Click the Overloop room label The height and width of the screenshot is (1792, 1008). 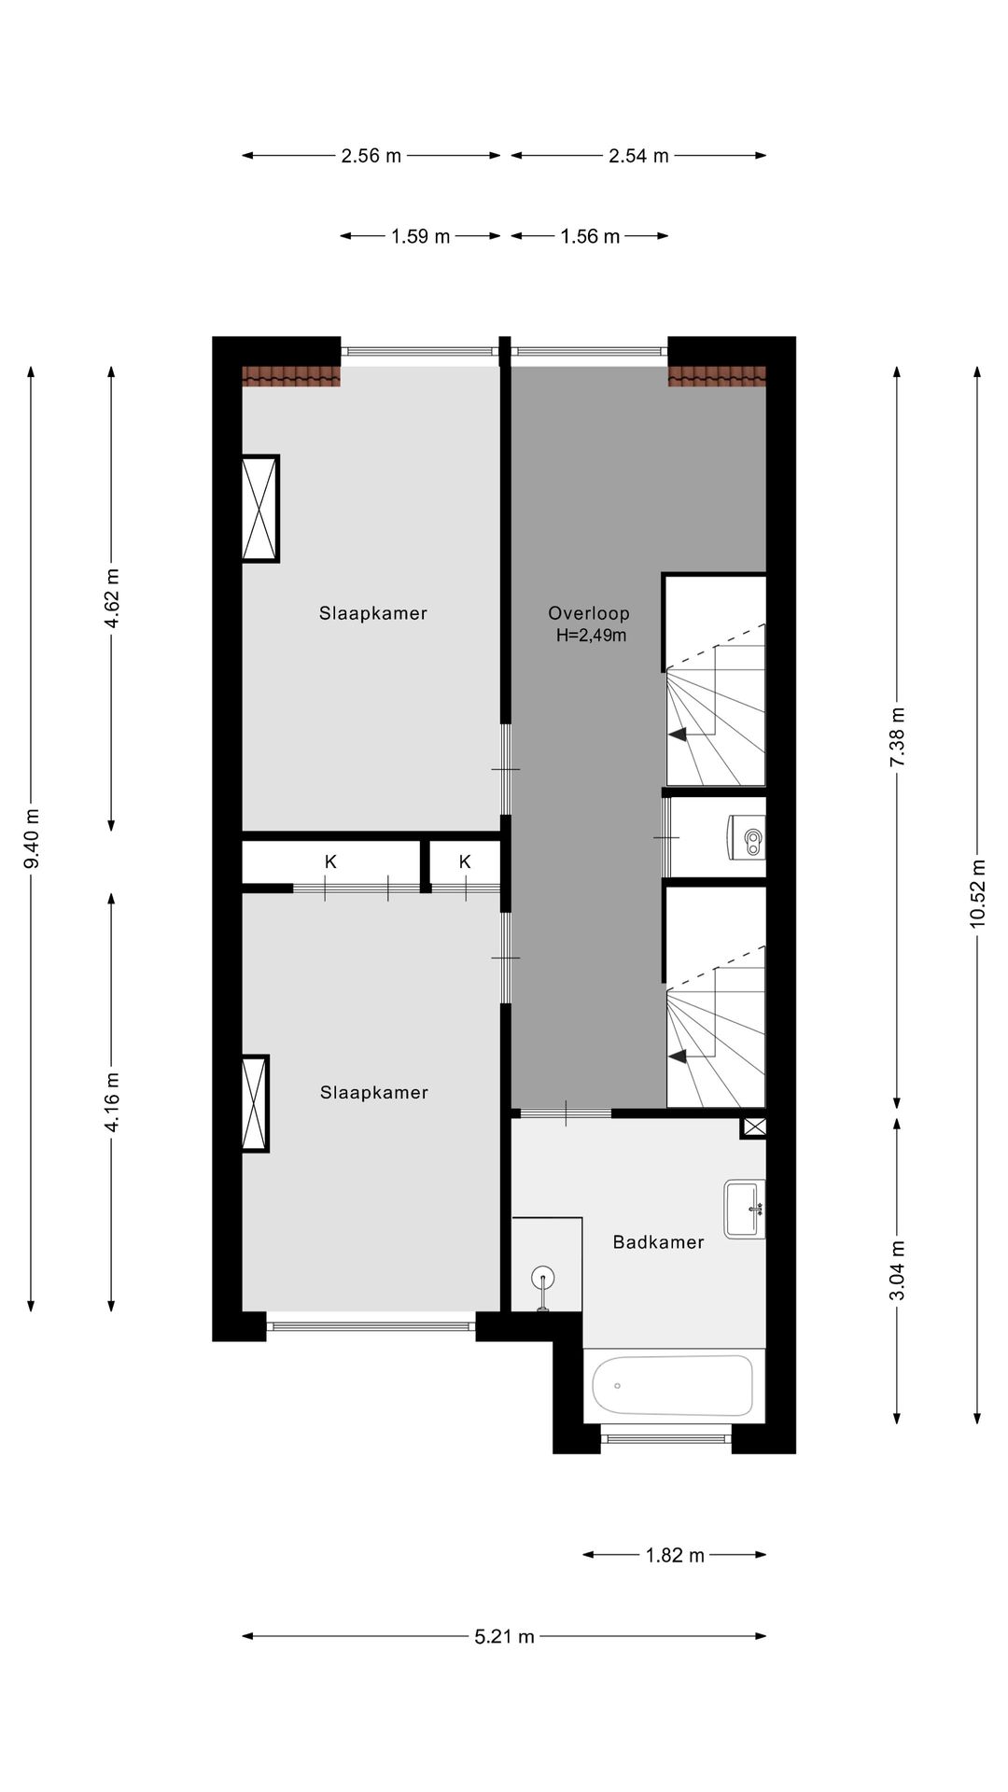tap(588, 613)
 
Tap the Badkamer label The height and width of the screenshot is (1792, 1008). tap(658, 1241)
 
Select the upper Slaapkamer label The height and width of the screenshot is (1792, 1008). tap(372, 613)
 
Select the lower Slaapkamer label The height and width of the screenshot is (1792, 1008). tap(373, 1092)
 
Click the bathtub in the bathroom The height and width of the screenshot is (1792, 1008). tap(672, 1385)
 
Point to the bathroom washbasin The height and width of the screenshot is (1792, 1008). tap(744, 1209)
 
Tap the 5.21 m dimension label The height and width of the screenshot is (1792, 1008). tap(504, 1636)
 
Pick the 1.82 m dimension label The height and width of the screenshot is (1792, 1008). tap(675, 1555)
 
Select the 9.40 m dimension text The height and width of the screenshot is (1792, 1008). tap(31, 837)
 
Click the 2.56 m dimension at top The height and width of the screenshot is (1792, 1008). tap(371, 156)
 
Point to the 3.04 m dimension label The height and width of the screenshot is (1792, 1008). tap(897, 1270)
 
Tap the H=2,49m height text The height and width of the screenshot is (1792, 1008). tap(591, 636)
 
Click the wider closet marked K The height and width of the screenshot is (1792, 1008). tap(330, 861)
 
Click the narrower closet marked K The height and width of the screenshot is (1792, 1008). tap(465, 861)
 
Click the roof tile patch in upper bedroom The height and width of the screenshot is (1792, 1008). tap(291, 375)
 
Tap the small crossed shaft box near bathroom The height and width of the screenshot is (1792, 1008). tap(753, 1127)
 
